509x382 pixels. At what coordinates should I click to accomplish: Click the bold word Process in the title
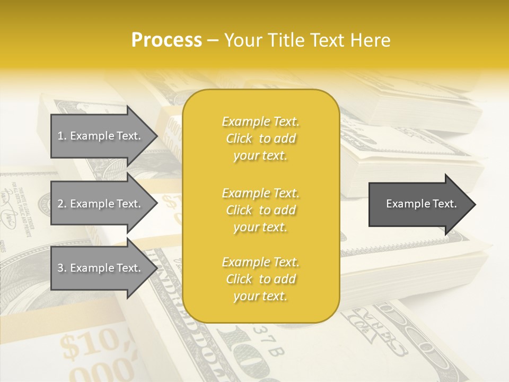pos(166,40)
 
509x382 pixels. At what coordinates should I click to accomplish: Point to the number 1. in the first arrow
pos(62,136)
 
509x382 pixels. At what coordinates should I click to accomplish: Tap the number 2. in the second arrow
pos(62,204)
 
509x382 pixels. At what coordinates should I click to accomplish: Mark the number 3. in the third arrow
pos(62,268)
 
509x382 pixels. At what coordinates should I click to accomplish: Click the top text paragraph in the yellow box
pos(260,138)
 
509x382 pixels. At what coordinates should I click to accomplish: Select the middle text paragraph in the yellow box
pos(260,210)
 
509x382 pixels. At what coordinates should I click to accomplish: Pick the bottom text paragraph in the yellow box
pos(260,279)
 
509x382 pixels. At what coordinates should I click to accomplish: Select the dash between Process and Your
pos(213,41)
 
